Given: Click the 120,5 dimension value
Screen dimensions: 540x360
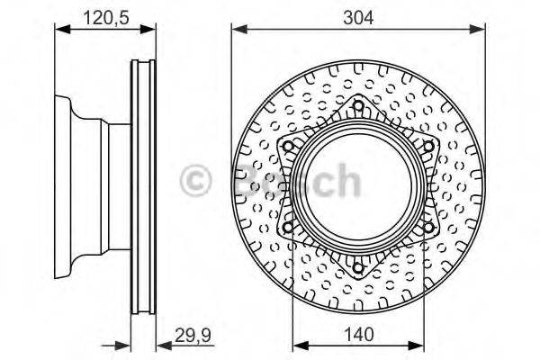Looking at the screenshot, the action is [106, 18].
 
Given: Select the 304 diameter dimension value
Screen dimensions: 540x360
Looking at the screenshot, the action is [358, 18].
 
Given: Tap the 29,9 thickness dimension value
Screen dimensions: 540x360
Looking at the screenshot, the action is [193, 335].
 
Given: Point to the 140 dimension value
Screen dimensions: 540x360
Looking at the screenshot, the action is [358, 335].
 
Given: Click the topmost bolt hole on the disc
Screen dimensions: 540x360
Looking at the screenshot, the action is [358, 104].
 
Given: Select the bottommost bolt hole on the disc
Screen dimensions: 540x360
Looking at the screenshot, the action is [358, 267].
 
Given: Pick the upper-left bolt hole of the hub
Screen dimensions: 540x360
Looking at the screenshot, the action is [288, 147].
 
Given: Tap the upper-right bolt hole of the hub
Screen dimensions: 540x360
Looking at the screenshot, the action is [428, 147].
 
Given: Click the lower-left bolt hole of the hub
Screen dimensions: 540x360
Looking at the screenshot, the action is [288, 227].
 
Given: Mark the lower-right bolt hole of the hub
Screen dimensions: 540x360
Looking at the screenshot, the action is [428, 227].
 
